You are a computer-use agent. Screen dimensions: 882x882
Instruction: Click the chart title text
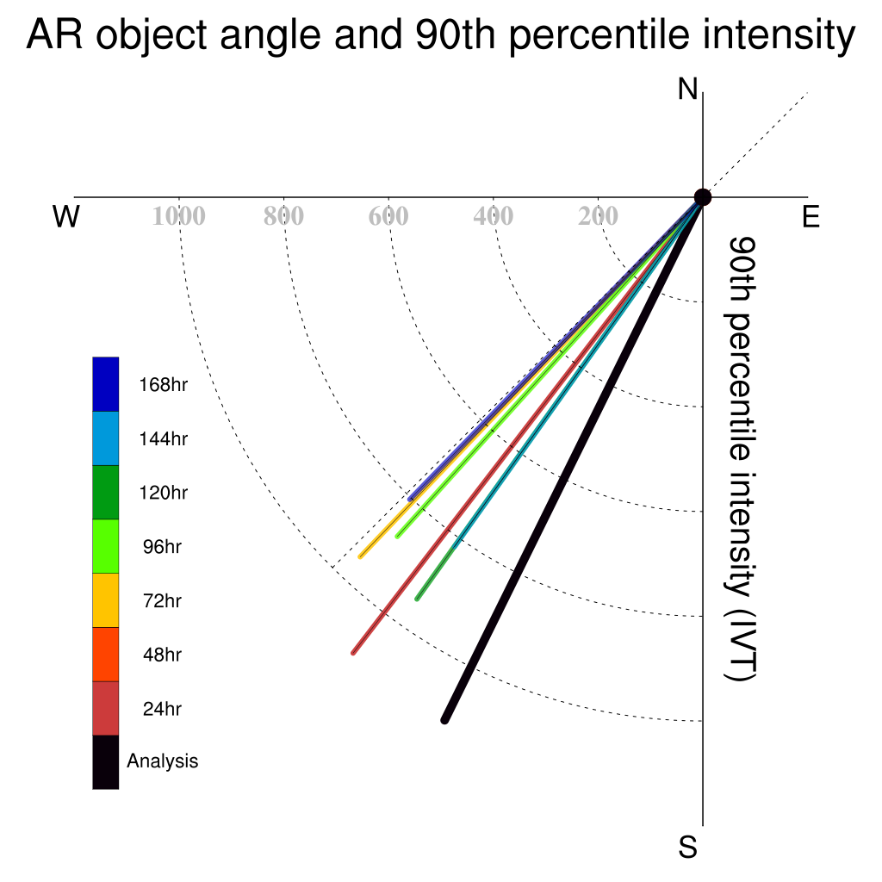pyautogui.click(x=441, y=34)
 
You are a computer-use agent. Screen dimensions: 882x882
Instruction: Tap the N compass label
pyautogui.click(x=687, y=89)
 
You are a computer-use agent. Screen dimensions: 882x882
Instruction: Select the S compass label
pyautogui.click(x=687, y=847)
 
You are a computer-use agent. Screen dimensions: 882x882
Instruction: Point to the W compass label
pyautogui.click(x=65, y=216)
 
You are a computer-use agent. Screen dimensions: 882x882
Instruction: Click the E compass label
pyautogui.click(x=811, y=216)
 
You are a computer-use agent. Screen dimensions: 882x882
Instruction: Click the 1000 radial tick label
pyautogui.click(x=179, y=216)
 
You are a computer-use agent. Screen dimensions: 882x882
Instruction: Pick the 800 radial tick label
pyautogui.click(x=283, y=216)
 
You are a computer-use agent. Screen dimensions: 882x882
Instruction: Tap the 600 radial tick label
pyautogui.click(x=388, y=216)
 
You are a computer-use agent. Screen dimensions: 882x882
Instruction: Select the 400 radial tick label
pyautogui.click(x=494, y=216)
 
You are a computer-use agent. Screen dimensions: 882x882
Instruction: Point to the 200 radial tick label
pyautogui.click(x=598, y=216)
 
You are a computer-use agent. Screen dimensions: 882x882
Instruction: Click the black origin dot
pyautogui.click(x=703, y=197)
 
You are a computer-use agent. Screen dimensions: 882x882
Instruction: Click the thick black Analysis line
pyautogui.click(x=574, y=459)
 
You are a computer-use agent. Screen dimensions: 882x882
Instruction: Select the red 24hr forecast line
pyautogui.click(x=528, y=425)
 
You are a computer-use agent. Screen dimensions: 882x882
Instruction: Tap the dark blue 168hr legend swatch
pyautogui.click(x=106, y=384)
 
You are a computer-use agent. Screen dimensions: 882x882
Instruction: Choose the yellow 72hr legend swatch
pyautogui.click(x=106, y=600)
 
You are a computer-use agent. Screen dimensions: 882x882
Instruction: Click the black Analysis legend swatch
pyautogui.click(x=106, y=762)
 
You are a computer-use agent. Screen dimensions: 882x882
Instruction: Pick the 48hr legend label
pyautogui.click(x=162, y=655)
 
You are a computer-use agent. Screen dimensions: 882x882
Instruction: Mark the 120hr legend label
pyautogui.click(x=163, y=493)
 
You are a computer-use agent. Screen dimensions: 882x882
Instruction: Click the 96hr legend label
pyautogui.click(x=162, y=547)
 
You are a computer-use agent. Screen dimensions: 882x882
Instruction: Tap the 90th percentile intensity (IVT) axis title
pyautogui.click(x=742, y=459)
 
